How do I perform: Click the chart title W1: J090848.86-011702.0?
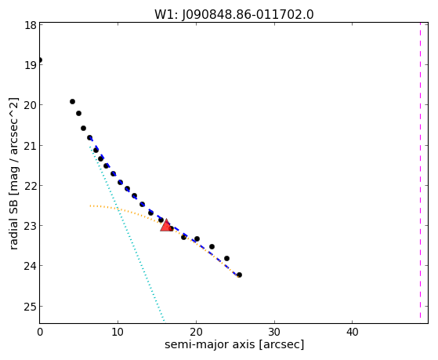click(x=234, y=15)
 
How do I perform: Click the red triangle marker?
click(x=166, y=226)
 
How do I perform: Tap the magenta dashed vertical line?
click(x=420, y=171)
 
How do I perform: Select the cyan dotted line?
click(x=127, y=234)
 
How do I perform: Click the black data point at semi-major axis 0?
click(x=40, y=60)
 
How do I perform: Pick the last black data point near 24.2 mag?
click(x=239, y=275)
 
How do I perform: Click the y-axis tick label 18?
click(x=31, y=25)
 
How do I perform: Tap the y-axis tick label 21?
click(x=31, y=145)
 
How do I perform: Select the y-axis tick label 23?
click(x=31, y=226)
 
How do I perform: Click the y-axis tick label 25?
click(x=31, y=307)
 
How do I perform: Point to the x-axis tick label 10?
click(x=118, y=332)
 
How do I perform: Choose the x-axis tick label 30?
click(x=274, y=332)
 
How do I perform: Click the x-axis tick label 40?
click(x=353, y=332)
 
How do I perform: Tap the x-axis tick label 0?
click(x=40, y=332)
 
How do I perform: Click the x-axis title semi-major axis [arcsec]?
click(x=234, y=344)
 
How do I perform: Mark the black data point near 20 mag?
click(x=72, y=101)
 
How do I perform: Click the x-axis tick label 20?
click(x=196, y=332)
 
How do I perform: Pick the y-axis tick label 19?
click(x=31, y=65)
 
